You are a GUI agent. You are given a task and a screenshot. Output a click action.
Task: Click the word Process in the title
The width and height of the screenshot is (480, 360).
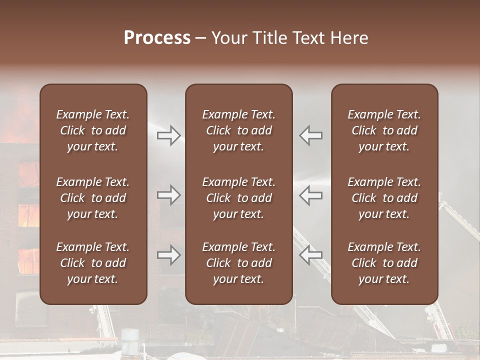(157, 38)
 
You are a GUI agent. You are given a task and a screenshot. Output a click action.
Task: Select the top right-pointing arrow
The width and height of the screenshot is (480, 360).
(169, 135)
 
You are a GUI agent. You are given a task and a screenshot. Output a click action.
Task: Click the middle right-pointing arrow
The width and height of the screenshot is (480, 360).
(169, 195)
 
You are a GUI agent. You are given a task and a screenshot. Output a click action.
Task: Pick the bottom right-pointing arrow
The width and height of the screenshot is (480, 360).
(169, 255)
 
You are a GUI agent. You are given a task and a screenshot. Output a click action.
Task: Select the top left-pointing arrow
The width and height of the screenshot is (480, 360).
(311, 135)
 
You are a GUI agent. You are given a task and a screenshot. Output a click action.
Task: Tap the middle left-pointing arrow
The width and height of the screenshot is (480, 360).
(311, 195)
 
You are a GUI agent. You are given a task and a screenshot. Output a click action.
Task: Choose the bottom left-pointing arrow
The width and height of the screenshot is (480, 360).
(311, 255)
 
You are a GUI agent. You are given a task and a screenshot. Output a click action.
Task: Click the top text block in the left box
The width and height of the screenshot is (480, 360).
(93, 130)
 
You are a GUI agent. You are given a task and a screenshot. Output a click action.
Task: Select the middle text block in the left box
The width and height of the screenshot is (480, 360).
(93, 198)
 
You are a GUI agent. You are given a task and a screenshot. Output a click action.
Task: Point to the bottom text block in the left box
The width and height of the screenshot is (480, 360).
(93, 263)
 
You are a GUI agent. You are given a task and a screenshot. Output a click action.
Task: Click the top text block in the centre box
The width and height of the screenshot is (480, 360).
(239, 130)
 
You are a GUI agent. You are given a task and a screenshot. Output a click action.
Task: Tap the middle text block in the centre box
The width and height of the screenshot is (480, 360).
(239, 198)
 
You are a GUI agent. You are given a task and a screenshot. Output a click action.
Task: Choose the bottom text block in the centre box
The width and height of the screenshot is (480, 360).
(239, 263)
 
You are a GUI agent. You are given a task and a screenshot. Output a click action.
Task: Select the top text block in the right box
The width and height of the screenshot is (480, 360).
(384, 130)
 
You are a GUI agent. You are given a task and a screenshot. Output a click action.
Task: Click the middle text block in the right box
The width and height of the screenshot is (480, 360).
(384, 198)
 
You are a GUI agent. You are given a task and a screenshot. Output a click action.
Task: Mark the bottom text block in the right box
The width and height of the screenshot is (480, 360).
(384, 263)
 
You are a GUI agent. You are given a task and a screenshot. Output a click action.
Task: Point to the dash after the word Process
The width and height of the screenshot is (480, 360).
(201, 38)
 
